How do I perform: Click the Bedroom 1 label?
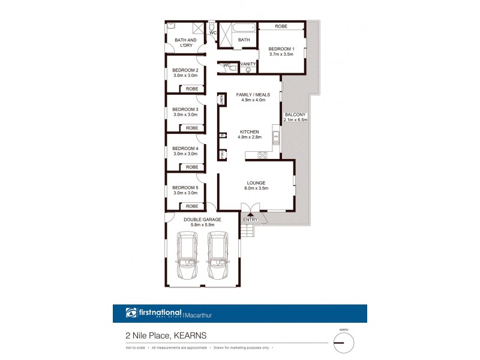(281, 49)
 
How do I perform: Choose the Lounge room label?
(256, 183)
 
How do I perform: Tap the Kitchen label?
(250, 131)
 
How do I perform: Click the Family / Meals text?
(253, 95)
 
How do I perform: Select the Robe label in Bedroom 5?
(192, 206)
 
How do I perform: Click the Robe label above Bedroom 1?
(281, 26)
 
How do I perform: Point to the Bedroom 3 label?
(185, 109)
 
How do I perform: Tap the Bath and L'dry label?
(185, 43)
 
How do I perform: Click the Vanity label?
(248, 64)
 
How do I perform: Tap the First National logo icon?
(131, 313)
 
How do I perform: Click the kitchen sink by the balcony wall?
(275, 139)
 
